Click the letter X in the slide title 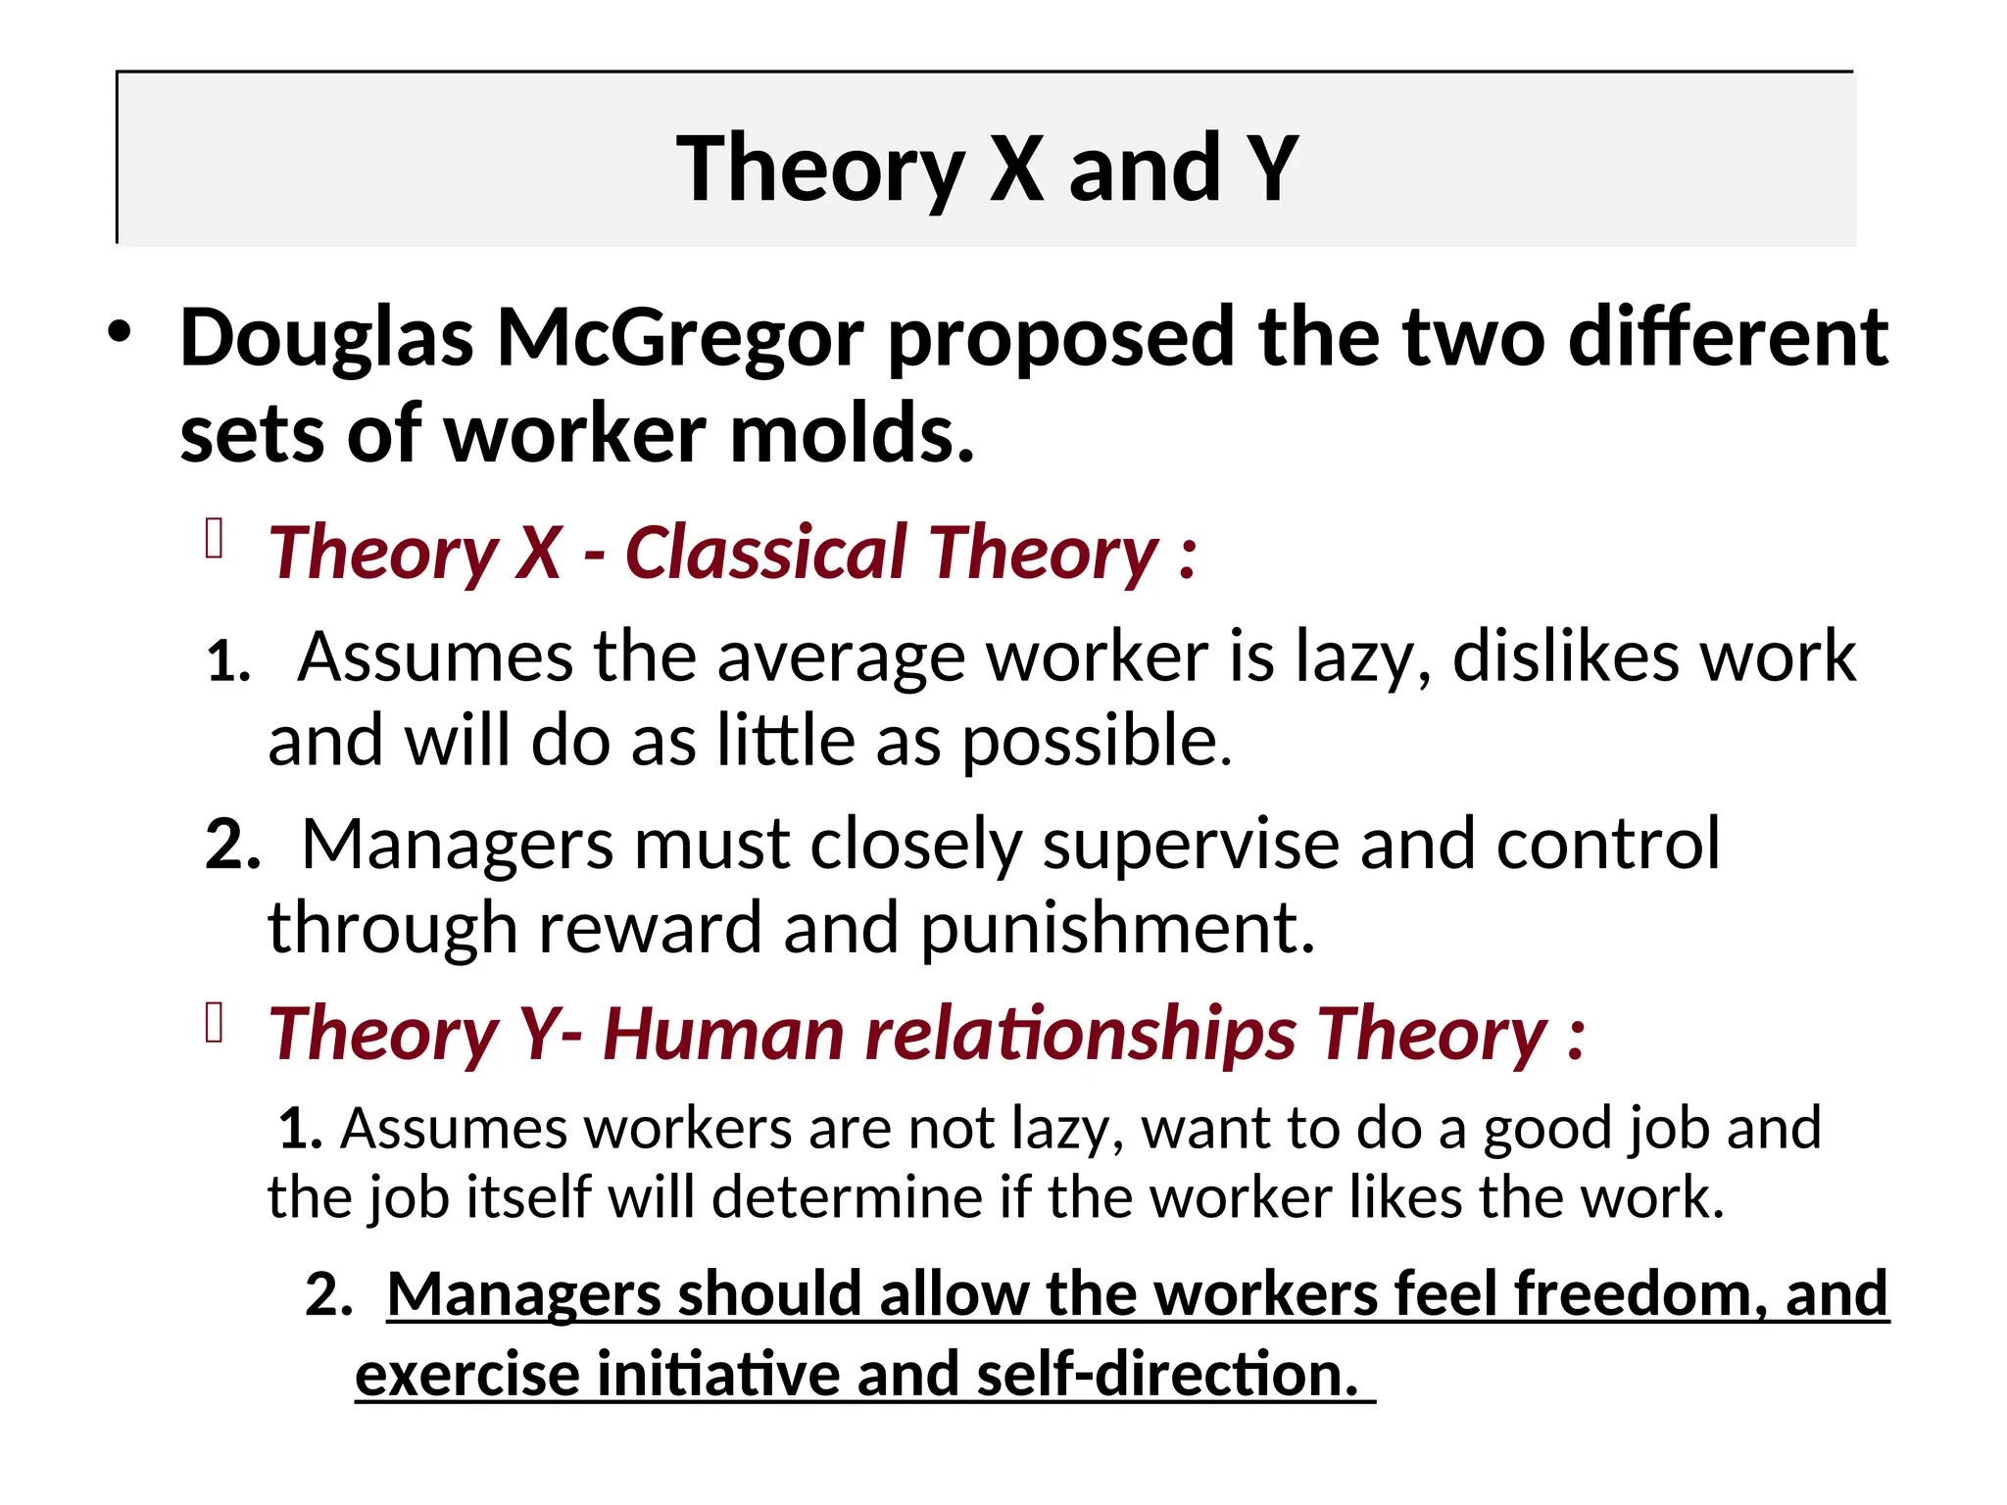click(x=1016, y=169)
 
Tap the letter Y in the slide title click(x=1270, y=169)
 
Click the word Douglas click(x=327, y=338)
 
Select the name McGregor click(x=680, y=338)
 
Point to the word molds click(x=852, y=434)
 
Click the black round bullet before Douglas click(x=120, y=333)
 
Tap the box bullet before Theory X click(x=216, y=539)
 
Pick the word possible click(x=1096, y=742)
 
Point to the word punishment click(x=1116, y=928)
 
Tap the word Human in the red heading click(x=722, y=1035)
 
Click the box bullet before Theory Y click(x=216, y=1023)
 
